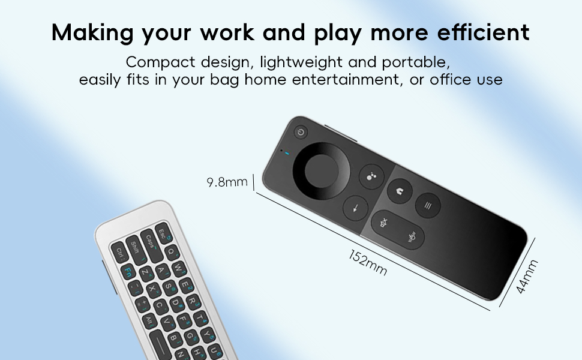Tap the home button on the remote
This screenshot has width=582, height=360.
click(x=398, y=191)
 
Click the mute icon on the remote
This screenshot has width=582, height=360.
click(x=385, y=223)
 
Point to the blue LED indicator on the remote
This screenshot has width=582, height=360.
click(x=287, y=155)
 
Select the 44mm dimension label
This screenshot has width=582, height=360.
click(x=527, y=277)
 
